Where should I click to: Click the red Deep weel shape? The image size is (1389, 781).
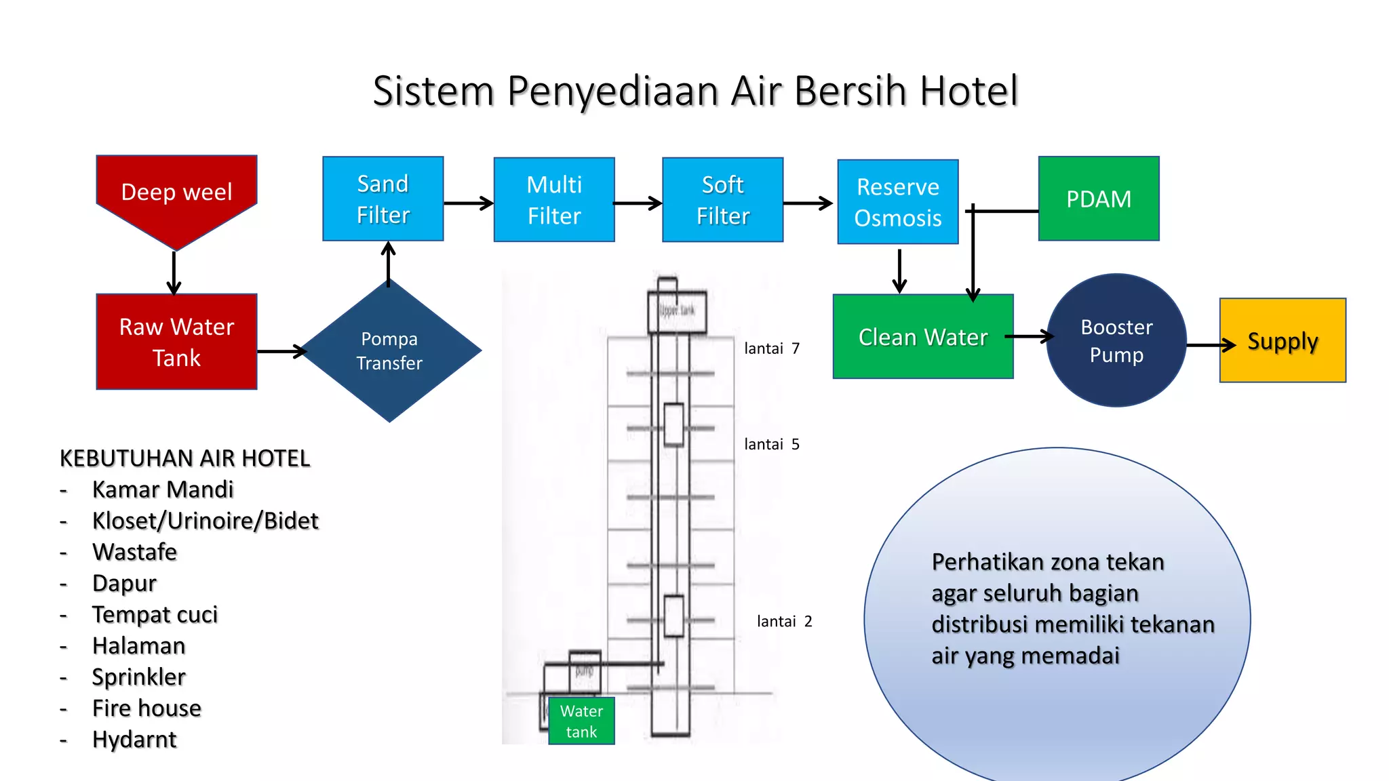coord(176,193)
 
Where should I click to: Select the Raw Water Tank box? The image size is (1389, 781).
coord(176,342)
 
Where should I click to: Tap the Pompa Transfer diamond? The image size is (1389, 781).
coord(389,351)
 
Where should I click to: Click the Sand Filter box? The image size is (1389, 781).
coord(383,199)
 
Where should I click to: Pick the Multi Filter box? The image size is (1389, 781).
coord(554,200)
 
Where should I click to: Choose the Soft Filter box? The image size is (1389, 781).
coord(723,200)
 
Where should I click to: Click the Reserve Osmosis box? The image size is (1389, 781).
coord(898,202)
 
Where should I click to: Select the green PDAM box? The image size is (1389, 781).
coord(1099,199)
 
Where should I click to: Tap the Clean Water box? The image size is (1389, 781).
coord(922,337)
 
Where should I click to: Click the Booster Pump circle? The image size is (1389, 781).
coord(1116,340)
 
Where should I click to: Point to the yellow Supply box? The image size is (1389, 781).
coord(1283,340)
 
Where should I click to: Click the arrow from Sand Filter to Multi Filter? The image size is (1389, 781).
coord(468,203)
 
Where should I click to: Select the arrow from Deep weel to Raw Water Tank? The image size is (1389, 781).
coord(174,273)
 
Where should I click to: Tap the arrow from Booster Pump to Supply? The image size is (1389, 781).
coord(1211,345)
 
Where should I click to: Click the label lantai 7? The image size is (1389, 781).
coord(772,348)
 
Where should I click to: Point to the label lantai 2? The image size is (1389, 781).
coord(784,622)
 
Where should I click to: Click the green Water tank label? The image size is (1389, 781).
coord(581,721)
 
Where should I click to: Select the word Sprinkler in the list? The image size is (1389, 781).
coord(139,677)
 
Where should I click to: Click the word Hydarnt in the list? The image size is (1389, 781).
coord(134,739)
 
